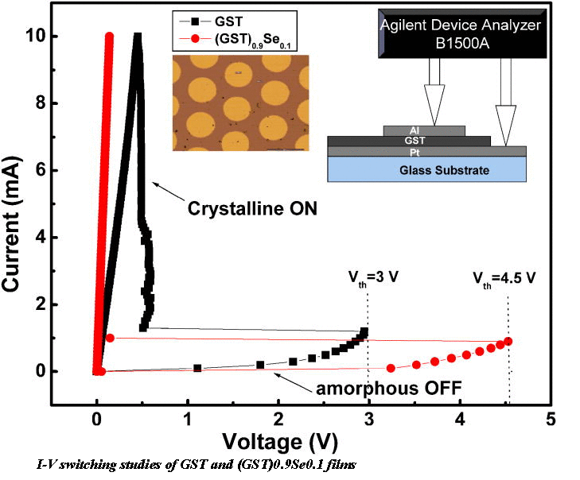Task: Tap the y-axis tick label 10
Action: [x=67, y=37]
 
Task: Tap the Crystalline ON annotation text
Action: [x=252, y=210]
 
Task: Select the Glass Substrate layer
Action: [x=427, y=169]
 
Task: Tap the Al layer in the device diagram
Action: [x=424, y=130]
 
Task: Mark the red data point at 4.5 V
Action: [x=508, y=341]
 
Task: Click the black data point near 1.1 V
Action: [x=197, y=368]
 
